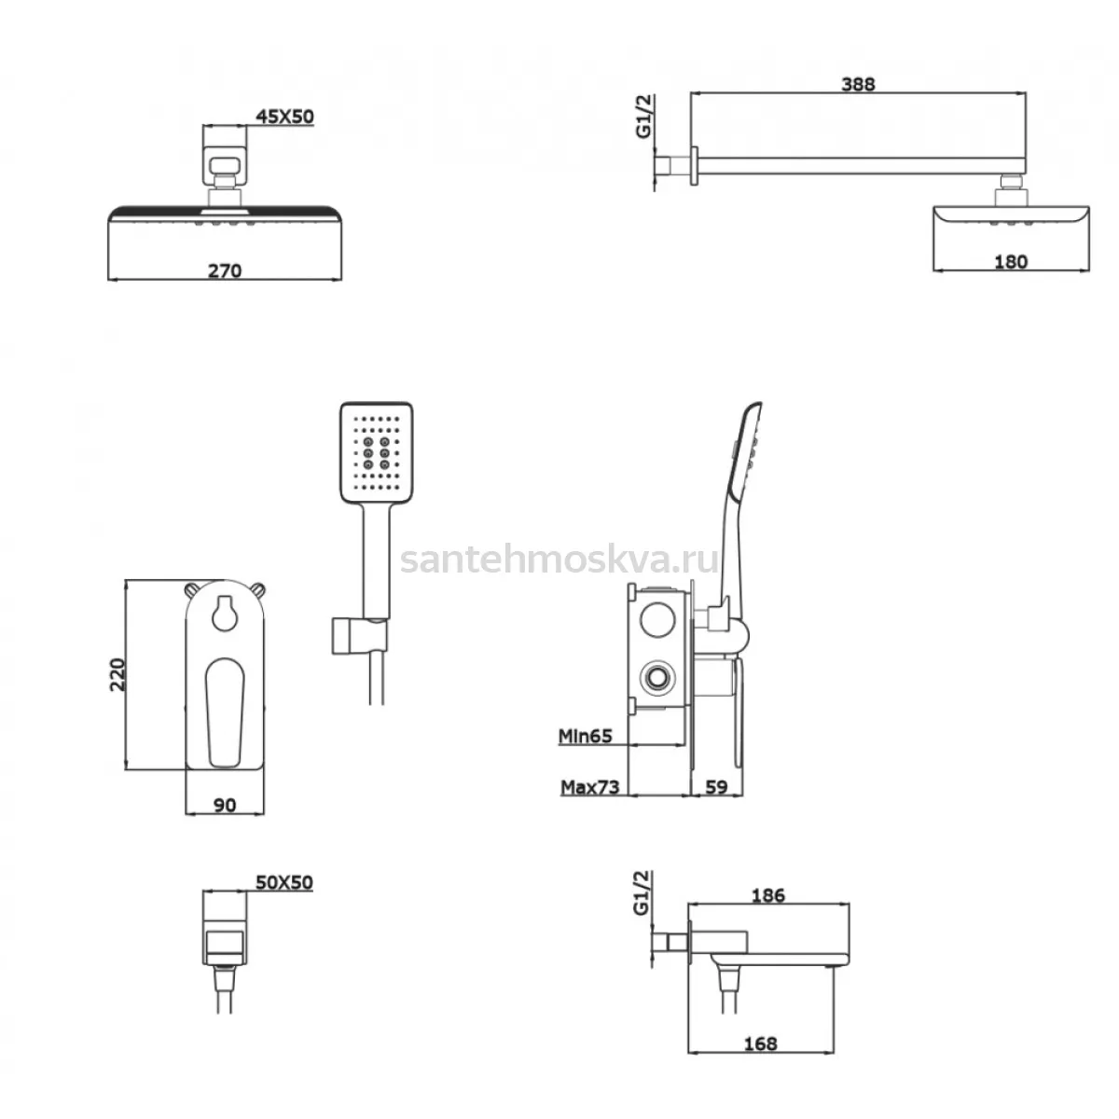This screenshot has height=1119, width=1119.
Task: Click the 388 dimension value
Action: (858, 84)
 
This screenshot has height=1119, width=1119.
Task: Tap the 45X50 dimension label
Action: (284, 117)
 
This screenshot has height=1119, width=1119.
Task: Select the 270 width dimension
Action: (225, 270)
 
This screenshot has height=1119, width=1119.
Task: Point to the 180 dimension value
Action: (1011, 262)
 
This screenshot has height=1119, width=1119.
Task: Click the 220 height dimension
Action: (117, 674)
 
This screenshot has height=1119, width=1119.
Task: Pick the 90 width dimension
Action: (225, 805)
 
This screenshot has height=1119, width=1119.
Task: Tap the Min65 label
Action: (586, 736)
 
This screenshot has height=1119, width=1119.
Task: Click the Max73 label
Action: (590, 787)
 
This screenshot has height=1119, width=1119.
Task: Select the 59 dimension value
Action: (716, 787)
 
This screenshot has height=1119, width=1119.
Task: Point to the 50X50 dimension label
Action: (284, 882)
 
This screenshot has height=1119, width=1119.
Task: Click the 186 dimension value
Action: (767, 895)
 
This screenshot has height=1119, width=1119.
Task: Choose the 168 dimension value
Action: (760, 1043)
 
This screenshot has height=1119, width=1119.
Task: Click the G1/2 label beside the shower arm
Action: (644, 117)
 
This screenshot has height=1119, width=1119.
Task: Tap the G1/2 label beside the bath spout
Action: (642, 893)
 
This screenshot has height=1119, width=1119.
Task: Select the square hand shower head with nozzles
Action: (377, 452)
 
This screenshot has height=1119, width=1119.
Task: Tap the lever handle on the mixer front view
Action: (225, 712)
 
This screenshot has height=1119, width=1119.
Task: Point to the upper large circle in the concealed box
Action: (657, 619)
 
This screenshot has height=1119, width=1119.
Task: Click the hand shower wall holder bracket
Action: (359, 636)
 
